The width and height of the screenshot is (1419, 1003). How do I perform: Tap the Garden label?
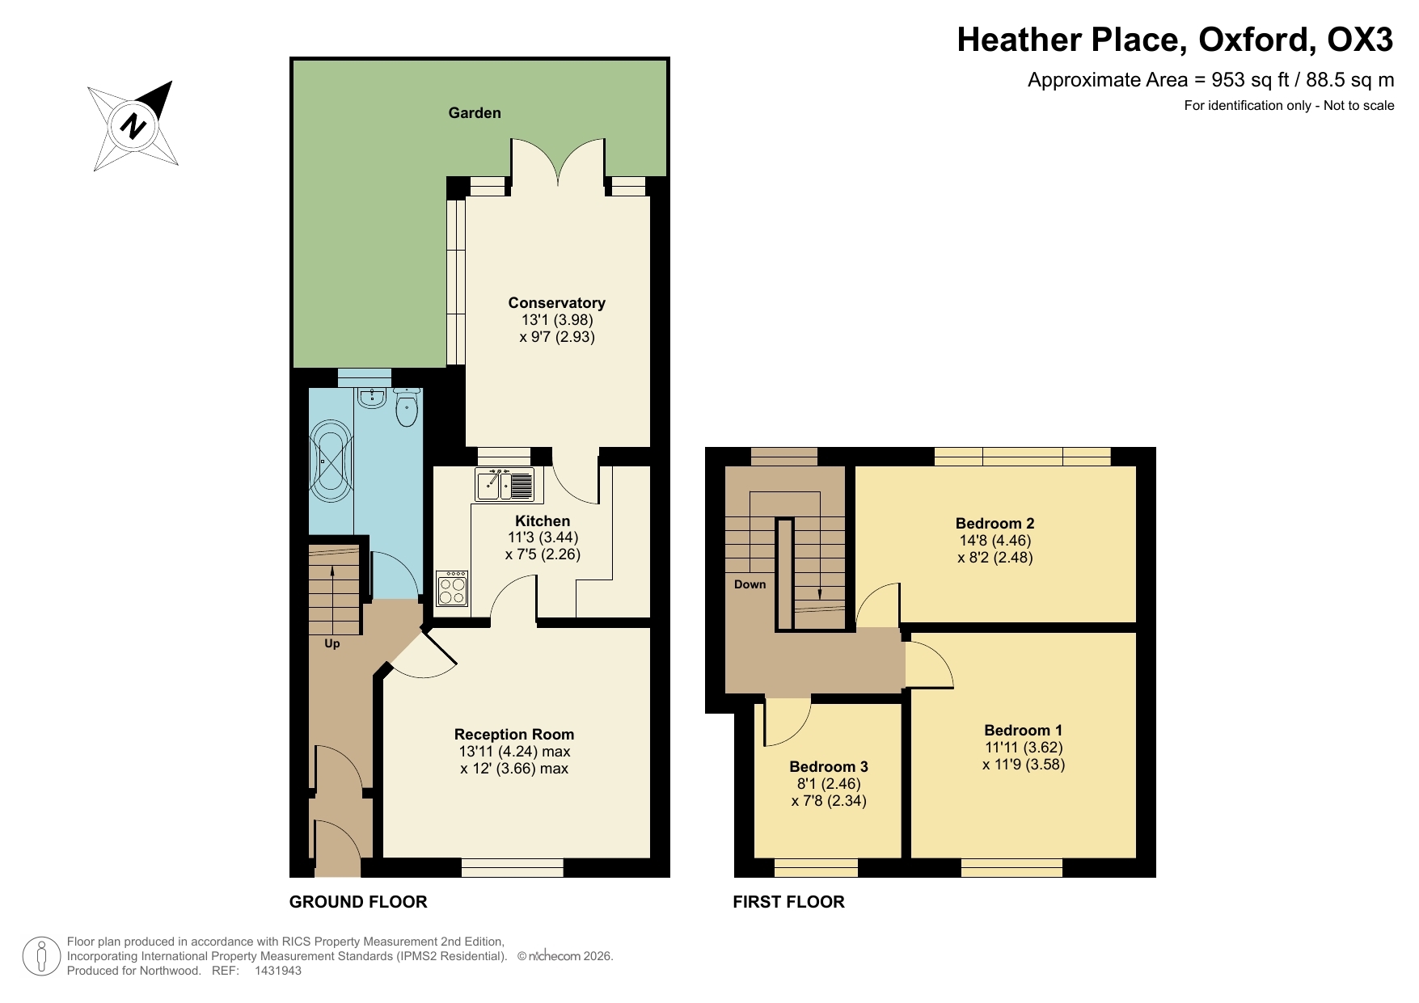(x=475, y=113)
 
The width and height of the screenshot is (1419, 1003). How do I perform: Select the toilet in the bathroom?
(x=406, y=408)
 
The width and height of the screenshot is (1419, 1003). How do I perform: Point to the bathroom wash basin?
(x=371, y=398)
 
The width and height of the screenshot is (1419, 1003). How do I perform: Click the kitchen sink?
(x=504, y=485)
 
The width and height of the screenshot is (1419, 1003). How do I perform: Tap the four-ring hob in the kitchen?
(x=452, y=588)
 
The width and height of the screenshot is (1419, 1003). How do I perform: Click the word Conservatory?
(x=556, y=303)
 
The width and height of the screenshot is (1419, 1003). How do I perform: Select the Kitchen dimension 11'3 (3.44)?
(x=543, y=537)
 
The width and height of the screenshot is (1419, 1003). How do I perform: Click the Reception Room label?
(x=514, y=735)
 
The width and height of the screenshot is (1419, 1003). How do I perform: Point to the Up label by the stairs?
(x=332, y=644)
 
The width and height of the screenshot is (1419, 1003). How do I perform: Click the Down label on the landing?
(x=750, y=584)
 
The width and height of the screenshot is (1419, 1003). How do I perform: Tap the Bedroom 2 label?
(x=995, y=524)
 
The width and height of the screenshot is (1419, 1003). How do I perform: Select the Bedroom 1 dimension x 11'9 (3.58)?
(x=1024, y=765)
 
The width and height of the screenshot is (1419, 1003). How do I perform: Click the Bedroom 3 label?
(x=829, y=767)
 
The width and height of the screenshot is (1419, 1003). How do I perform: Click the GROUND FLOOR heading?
(x=358, y=902)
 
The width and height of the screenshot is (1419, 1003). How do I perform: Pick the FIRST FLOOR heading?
(x=788, y=902)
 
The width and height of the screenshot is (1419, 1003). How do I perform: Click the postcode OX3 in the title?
(x=1360, y=40)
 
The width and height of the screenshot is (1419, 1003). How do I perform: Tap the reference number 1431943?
(x=277, y=971)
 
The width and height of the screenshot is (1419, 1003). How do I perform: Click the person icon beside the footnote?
(x=40, y=956)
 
